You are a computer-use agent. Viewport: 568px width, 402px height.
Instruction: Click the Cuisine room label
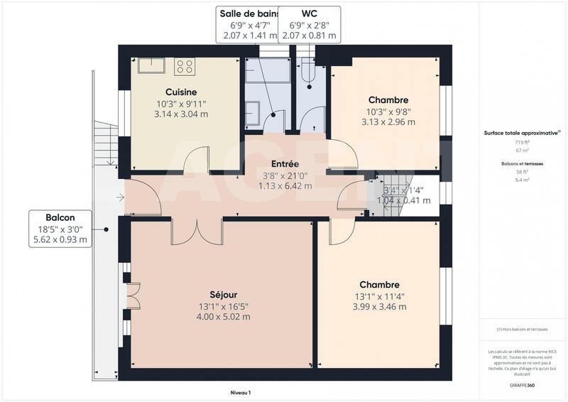181,92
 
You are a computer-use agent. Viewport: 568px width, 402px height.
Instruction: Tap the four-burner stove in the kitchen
185,67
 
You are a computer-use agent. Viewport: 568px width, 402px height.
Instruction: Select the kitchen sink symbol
151,66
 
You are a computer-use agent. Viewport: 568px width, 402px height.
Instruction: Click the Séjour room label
224,294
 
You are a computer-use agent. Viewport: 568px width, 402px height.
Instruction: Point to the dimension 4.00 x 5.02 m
224,317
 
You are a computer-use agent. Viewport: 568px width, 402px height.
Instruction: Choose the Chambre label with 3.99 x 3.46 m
379,284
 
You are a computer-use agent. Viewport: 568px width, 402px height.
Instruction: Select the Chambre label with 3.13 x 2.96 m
388,99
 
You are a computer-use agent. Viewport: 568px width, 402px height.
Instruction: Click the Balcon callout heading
60,217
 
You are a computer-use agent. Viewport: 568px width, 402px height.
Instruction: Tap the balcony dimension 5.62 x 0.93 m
60,240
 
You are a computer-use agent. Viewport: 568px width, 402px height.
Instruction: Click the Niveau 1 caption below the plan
241,392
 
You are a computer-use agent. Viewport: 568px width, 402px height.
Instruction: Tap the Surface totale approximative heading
520,133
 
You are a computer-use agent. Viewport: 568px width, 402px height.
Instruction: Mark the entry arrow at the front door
121,197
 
